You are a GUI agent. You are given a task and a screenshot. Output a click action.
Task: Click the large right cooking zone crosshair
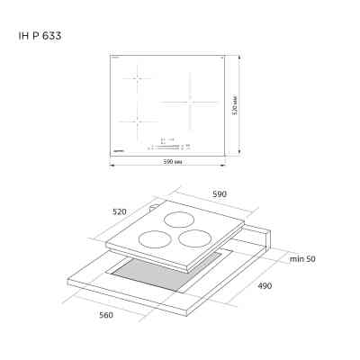pos(190,100)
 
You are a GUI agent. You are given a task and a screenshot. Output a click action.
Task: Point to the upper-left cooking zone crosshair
pos(137,78)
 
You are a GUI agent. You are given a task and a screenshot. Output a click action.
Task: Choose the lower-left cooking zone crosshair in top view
pos(137,121)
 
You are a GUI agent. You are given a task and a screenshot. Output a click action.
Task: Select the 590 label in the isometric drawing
pos(219,194)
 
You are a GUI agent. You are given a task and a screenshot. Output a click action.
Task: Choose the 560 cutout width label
pos(109,317)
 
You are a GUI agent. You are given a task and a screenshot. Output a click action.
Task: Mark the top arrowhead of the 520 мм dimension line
pos(238,56)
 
